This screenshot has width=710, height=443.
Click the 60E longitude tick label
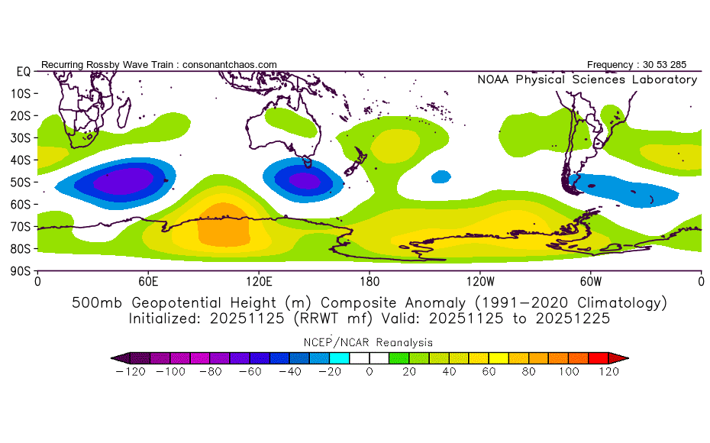[x=148, y=282]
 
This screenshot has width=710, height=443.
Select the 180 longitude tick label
[x=370, y=282]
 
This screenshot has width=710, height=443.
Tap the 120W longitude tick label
[x=479, y=282]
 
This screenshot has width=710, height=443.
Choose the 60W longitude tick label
[x=590, y=282]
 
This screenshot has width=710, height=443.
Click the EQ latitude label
[x=23, y=71]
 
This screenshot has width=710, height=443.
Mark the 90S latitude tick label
[x=20, y=271]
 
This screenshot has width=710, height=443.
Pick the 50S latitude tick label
[x=20, y=182]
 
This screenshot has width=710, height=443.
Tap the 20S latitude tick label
[x=20, y=115]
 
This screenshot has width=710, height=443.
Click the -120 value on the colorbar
[x=130, y=372]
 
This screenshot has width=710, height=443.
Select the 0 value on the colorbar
[x=369, y=372]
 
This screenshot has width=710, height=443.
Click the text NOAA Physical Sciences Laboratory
[x=586, y=79]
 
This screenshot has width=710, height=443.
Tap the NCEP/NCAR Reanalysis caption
[x=369, y=342]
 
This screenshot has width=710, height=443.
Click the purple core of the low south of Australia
[x=305, y=180]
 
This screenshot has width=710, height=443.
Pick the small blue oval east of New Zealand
[x=441, y=176]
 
